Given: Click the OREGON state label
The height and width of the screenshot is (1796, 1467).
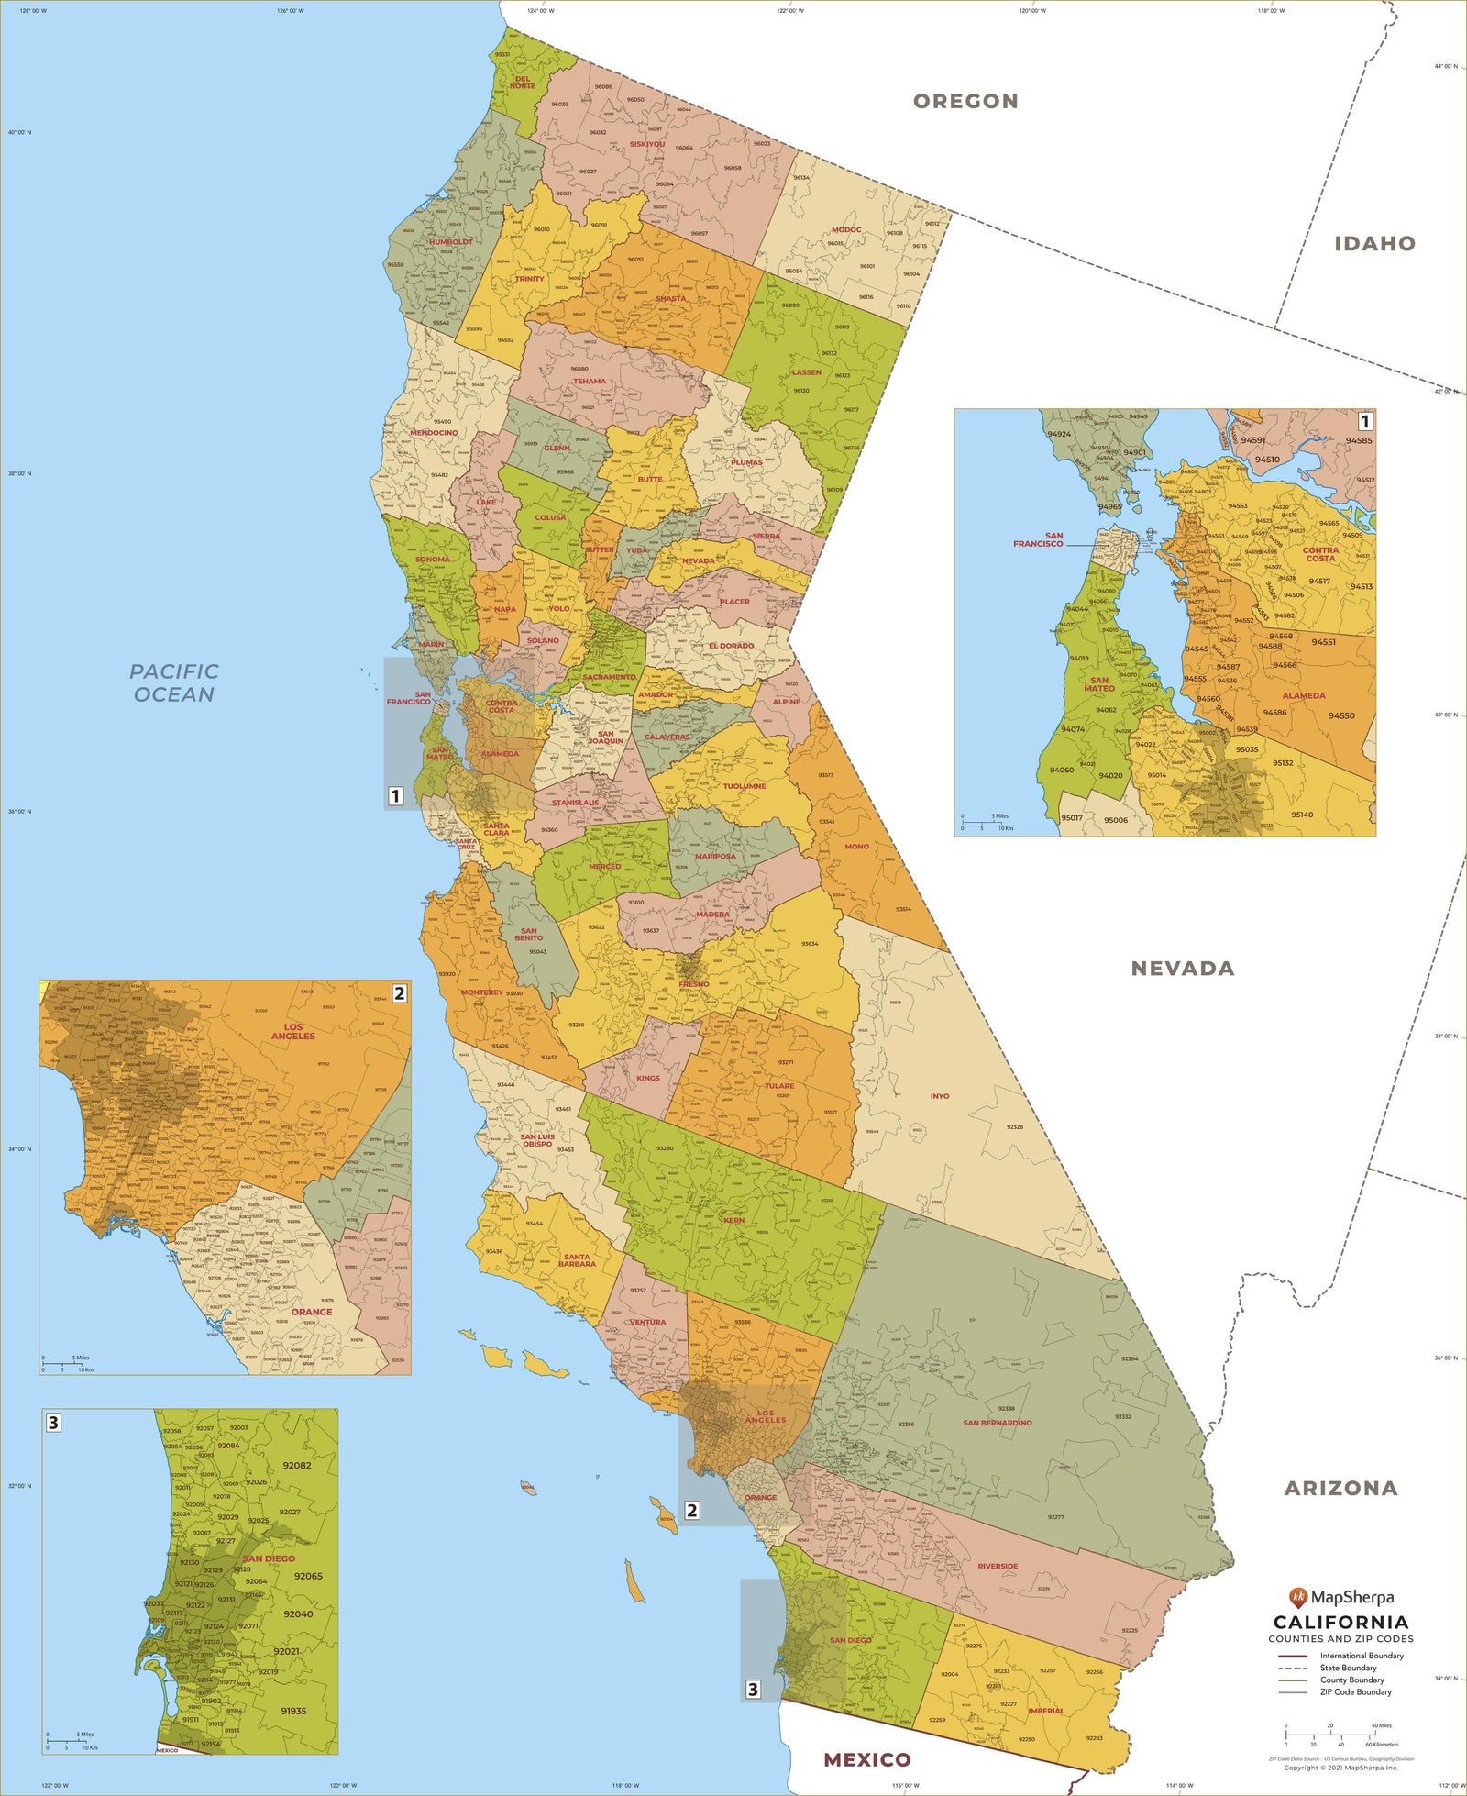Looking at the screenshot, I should click(x=965, y=102).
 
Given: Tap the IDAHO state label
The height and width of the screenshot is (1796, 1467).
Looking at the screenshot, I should click(x=1374, y=244).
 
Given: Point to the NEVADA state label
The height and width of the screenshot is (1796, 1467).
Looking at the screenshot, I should click(x=1182, y=969).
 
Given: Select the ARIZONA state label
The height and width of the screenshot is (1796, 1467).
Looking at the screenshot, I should click(x=1340, y=1489).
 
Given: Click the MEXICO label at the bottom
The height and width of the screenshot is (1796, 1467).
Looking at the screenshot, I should click(x=866, y=1759).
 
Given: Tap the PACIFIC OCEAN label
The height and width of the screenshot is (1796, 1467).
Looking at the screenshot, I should click(x=174, y=683).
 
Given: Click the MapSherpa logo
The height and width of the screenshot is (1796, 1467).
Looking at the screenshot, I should click(x=1340, y=1597).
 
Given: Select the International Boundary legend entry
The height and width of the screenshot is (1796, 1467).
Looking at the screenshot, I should click(x=1361, y=1656).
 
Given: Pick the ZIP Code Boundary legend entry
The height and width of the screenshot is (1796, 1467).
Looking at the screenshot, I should click(x=1355, y=1691).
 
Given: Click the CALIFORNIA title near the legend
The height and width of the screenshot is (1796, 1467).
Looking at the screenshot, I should click(x=1340, y=1623).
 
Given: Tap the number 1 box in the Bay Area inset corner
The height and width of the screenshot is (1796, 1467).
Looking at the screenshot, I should click(x=1364, y=421).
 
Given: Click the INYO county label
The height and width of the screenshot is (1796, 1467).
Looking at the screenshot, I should click(x=940, y=1096).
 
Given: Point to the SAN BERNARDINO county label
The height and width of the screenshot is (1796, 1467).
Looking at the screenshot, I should click(x=997, y=1423).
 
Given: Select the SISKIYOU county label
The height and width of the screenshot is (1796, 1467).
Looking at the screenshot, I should click(x=647, y=144).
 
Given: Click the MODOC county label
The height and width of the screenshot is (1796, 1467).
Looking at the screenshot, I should click(x=846, y=230).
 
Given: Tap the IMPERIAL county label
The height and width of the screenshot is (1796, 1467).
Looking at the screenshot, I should click(x=1046, y=1711).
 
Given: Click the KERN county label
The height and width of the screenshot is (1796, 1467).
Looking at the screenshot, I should click(x=733, y=1221).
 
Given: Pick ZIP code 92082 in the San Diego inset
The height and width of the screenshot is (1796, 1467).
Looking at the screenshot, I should click(x=296, y=1466).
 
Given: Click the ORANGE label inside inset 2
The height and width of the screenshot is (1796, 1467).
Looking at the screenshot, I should click(x=312, y=1312).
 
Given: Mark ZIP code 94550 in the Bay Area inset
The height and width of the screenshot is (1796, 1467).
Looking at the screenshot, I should click(x=1341, y=716).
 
